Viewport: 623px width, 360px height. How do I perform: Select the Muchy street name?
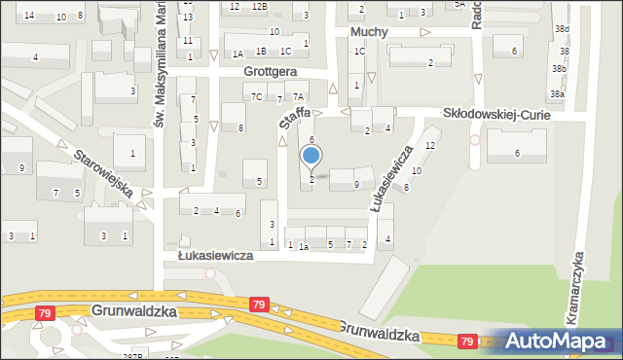pyautogui.click(x=369, y=31)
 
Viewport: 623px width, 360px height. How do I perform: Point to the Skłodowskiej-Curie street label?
pyautogui.click(x=496, y=114)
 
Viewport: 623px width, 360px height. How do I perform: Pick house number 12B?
pyautogui.click(x=258, y=7)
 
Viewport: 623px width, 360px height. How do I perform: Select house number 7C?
pyautogui.click(x=256, y=96)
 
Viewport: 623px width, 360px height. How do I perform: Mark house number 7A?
pyautogui.click(x=299, y=96)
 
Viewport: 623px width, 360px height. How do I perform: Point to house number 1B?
pyautogui.click(x=260, y=51)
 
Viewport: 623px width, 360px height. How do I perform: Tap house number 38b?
pyautogui.click(x=558, y=69)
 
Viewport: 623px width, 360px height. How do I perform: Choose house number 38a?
pyautogui.click(x=556, y=94)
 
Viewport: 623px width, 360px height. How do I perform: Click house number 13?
pyautogui.click(x=188, y=18)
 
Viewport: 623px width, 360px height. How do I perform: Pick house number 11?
pyautogui.click(x=188, y=41)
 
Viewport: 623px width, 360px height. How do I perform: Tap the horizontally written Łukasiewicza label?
pyautogui.click(x=215, y=255)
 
